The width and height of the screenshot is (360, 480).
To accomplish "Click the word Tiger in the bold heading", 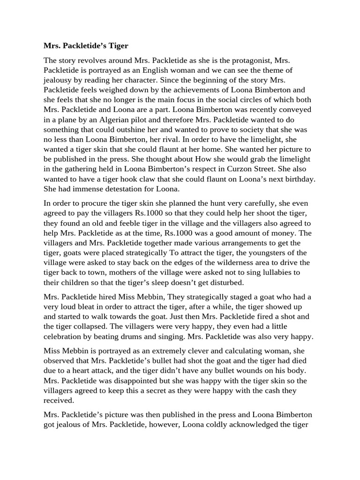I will point(117,46).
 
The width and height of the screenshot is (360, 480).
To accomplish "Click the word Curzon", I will point(262,169).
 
